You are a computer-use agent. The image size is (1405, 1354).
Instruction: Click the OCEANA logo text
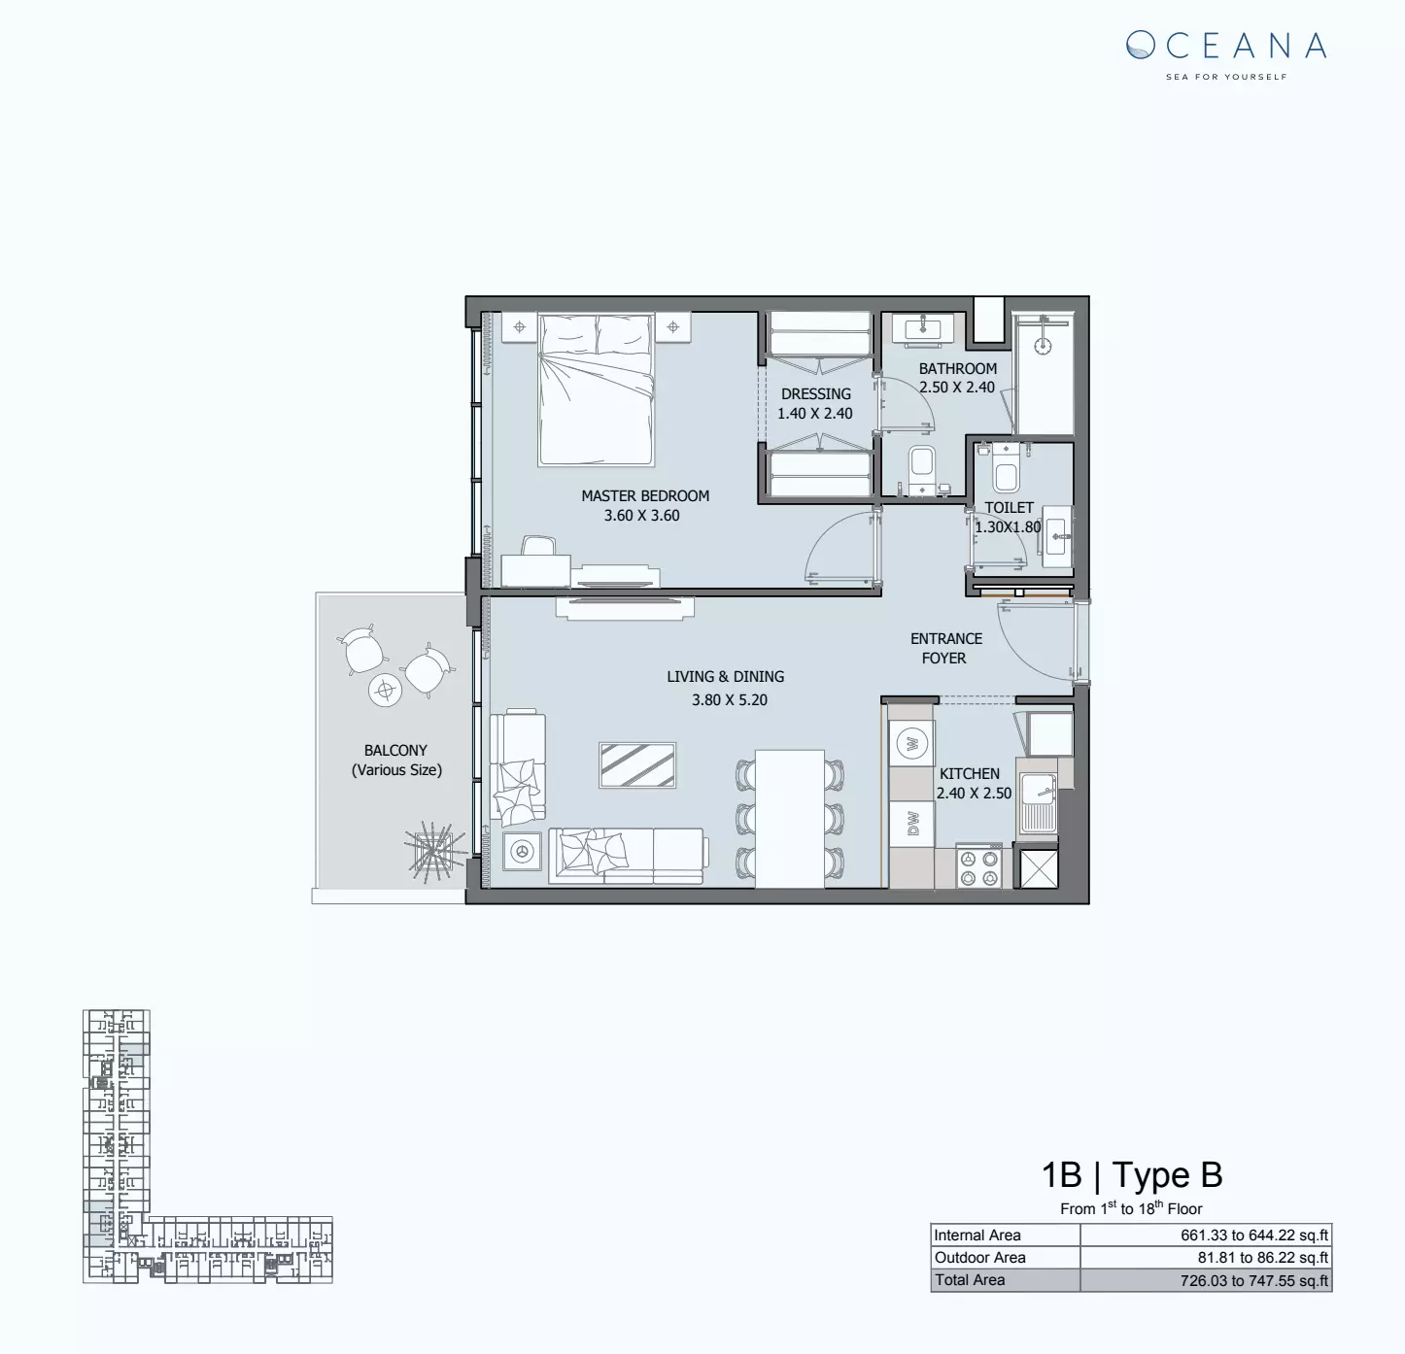[x=1226, y=46]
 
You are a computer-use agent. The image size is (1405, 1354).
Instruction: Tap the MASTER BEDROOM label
[x=645, y=495]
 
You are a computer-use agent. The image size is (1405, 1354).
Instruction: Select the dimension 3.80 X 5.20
[x=729, y=699]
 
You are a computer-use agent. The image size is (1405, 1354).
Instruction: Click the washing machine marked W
[x=911, y=744]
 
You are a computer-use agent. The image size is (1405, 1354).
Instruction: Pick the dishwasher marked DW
[x=911, y=824]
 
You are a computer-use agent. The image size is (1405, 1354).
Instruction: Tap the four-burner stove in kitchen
[x=977, y=866]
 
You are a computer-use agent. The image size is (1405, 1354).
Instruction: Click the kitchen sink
[x=1038, y=802]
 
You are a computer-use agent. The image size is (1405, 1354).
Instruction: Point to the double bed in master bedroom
[x=597, y=389]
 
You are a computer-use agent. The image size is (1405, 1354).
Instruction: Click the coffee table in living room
[x=637, y=765]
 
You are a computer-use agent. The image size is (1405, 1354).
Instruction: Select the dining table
[x=789, y=818]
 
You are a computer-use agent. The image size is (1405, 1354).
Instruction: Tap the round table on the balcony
[x=385, y=691]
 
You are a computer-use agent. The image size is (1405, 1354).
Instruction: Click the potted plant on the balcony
[x=429, y=852]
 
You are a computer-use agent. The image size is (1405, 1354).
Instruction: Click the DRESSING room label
[x=815, y=393]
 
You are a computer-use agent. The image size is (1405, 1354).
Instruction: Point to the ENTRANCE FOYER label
[x=945, y=648]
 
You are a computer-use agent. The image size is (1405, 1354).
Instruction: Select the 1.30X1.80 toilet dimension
[x=1008, y=527]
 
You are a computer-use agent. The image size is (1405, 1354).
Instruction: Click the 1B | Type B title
[x=1132, y=1175]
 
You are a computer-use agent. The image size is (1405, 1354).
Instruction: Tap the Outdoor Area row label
[x=979, y=1258]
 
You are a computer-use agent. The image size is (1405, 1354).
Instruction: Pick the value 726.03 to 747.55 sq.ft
[x=1253, y=1281]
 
